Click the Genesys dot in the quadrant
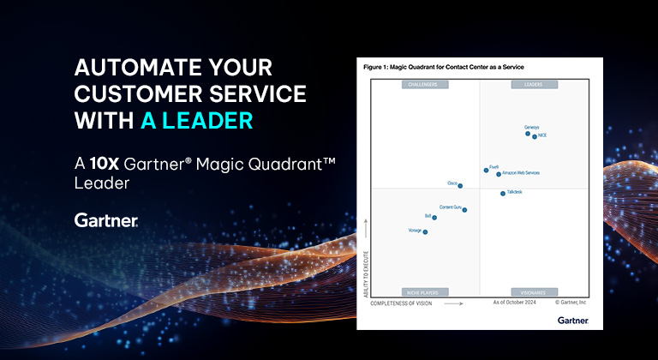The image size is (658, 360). point(527,133)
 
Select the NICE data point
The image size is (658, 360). point(535,136)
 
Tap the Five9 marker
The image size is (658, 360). point(486,170)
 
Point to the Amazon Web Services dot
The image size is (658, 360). point(499,174)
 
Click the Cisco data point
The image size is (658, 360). point(460,185)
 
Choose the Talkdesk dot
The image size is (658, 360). point(503,194)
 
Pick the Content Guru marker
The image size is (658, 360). point(464,210)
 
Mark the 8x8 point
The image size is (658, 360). point(434,218)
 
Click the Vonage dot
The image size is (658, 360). point(425,232)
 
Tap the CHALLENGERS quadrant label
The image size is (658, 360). point(423,85)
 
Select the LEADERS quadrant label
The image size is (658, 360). point(535,85)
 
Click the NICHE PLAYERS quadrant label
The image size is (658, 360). point(423,291)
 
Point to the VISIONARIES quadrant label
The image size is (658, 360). point(535,291)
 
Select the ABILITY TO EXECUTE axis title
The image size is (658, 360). point(366,262)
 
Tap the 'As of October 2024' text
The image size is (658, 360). point(514,303)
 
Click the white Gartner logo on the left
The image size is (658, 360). point(106,220)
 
